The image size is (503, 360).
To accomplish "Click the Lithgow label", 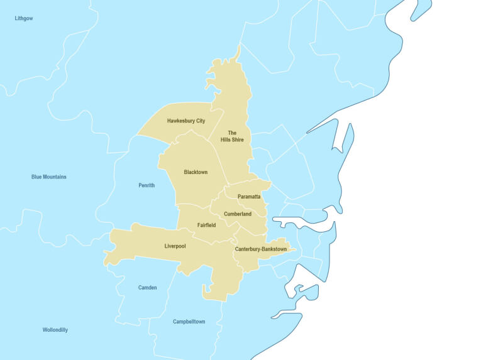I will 24,19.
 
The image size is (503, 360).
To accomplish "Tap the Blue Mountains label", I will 49,177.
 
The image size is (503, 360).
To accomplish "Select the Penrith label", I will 146,185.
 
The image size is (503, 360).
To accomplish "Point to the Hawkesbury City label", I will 186,121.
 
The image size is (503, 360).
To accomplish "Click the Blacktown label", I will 196,172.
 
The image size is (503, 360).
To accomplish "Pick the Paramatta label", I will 249,197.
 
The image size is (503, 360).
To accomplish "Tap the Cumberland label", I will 238,214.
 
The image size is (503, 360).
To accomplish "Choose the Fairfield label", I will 206,225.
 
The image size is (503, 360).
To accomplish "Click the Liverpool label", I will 175,246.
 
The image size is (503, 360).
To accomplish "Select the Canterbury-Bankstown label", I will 261,249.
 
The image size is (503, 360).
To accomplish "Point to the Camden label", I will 148,288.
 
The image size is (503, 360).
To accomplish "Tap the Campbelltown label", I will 189,322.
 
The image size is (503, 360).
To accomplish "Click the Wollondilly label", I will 55,330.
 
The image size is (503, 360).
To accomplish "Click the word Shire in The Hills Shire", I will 236,139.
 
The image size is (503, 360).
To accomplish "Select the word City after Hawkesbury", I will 200,121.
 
